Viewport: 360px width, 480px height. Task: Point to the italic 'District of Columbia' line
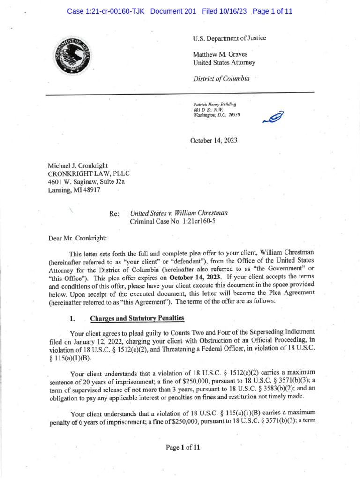(x=221, y=78)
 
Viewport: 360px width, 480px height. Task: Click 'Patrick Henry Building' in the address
(x=215, y=104)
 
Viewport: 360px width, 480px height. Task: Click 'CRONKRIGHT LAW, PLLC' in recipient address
(x=86, y=174)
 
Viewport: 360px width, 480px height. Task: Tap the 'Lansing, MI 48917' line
(x=74, y=190)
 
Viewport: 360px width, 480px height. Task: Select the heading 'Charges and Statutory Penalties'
(x=137, y=318)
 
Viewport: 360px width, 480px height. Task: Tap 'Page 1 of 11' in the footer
(x=183, y=448)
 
